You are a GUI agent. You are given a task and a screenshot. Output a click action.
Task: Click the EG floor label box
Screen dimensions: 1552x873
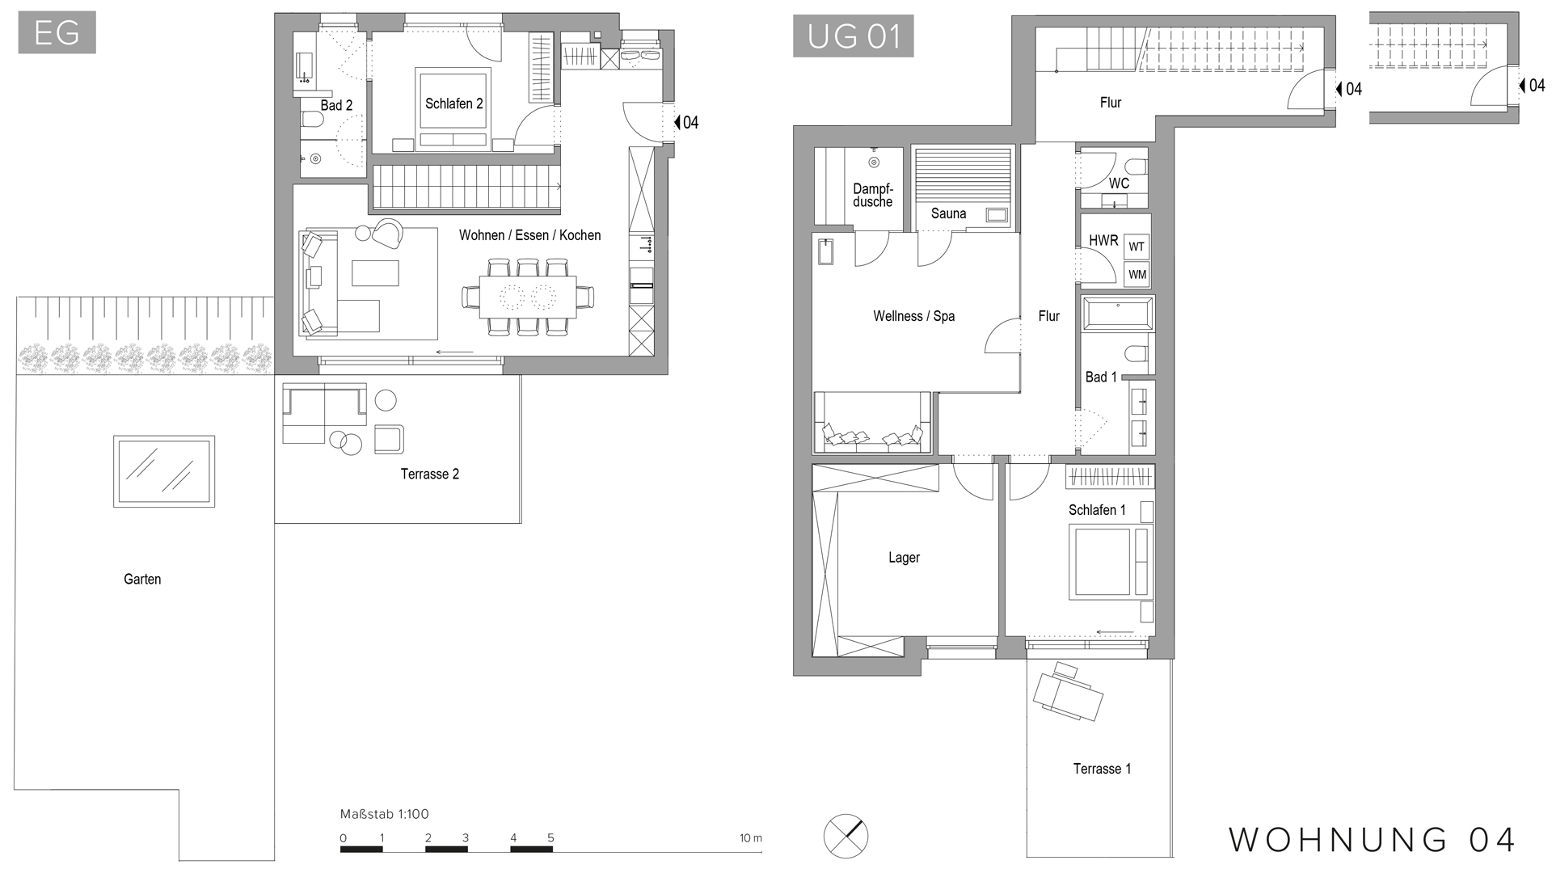[57, 32]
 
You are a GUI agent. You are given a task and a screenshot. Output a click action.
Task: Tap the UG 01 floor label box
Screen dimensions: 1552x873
[853, 36]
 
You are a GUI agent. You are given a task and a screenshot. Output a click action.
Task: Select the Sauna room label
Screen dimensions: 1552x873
[948, 213]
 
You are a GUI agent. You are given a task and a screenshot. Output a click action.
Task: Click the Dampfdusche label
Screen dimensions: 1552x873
[873, 196]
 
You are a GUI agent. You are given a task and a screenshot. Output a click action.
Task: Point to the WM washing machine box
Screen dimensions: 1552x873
[1137, 275]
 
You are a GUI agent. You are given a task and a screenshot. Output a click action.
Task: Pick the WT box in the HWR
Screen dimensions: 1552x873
[1137, 247]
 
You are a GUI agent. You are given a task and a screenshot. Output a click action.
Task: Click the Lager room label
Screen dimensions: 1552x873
[904, 558]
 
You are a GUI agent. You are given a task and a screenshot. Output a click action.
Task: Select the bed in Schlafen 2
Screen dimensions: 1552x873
[453, 108]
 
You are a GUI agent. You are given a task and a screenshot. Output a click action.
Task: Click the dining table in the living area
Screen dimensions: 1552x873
[528, 297]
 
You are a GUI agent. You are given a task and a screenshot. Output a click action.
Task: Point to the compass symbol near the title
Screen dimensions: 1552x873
[846, 835]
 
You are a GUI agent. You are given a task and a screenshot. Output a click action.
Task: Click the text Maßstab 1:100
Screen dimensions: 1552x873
[384, 814]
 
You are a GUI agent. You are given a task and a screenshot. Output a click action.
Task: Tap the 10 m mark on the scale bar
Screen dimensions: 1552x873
[750, 838]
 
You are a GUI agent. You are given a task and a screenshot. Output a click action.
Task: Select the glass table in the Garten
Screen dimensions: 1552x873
[164, 471]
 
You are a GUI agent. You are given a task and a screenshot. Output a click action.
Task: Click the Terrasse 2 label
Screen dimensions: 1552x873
[429, 474]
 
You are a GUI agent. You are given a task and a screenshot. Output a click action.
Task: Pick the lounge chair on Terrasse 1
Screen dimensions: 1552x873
[1068, 693]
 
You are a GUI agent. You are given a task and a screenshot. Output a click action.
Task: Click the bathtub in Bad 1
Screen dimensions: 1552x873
[1117, 314]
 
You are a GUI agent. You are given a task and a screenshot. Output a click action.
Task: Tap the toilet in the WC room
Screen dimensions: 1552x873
[1137, 167]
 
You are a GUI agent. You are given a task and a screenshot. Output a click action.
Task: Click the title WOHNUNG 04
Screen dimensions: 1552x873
[1372, 840]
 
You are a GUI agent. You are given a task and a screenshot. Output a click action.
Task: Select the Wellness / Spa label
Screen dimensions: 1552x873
[913, 316]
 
